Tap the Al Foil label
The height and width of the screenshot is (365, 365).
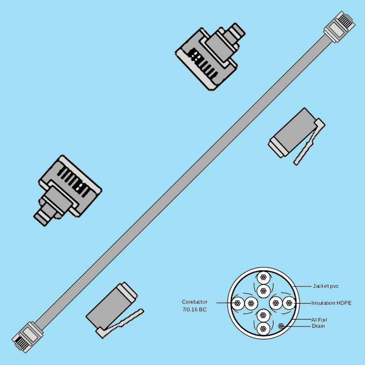pos(319,320)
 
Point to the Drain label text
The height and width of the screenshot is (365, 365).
pos(318,326)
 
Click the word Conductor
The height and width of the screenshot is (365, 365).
pos(195,302)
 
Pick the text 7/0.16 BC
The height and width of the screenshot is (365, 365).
pos(195,310)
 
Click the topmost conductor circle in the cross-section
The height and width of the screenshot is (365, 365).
pos(262,278)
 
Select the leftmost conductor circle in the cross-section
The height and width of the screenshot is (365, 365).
pos(237,302)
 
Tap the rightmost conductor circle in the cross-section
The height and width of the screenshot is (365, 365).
pos(288,302)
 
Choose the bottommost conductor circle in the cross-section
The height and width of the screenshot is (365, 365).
pos(262,328)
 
